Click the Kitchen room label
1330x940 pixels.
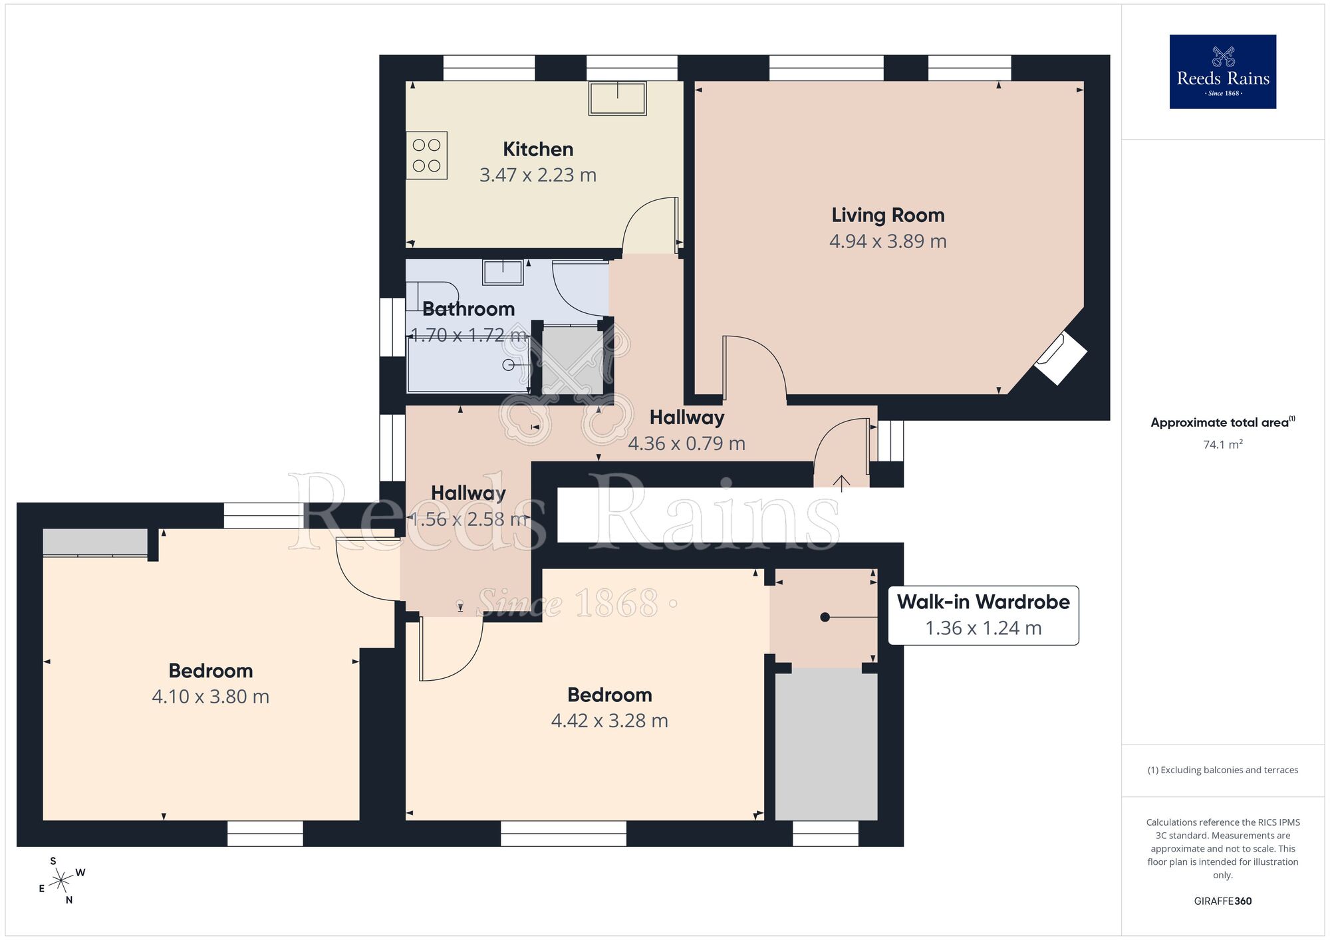click(537, 149)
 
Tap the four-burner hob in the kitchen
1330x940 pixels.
click(426, 156)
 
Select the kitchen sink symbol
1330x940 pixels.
click(617, 98)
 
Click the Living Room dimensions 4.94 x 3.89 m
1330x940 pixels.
click(887, 241)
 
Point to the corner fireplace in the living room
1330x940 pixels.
click(1061, 358)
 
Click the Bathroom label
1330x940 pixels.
click(468, 309)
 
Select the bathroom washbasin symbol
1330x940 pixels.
click(503, 272)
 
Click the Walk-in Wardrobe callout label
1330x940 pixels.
click(983, 602)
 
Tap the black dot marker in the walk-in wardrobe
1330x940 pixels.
click(825, 617)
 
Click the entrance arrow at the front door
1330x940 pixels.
click(841, 483)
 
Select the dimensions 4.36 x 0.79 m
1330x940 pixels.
click(686, 443)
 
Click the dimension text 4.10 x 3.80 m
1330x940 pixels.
click(210, 697)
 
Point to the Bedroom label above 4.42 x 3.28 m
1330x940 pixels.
click(609, 695)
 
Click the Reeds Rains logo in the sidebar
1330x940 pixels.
click(1222, 72)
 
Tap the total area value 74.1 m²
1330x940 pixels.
click(1222, 445)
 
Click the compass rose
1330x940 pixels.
click(61, 881)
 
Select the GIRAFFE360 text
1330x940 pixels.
click(1222, 901)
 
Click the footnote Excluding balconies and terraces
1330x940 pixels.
click(1222, 770)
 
